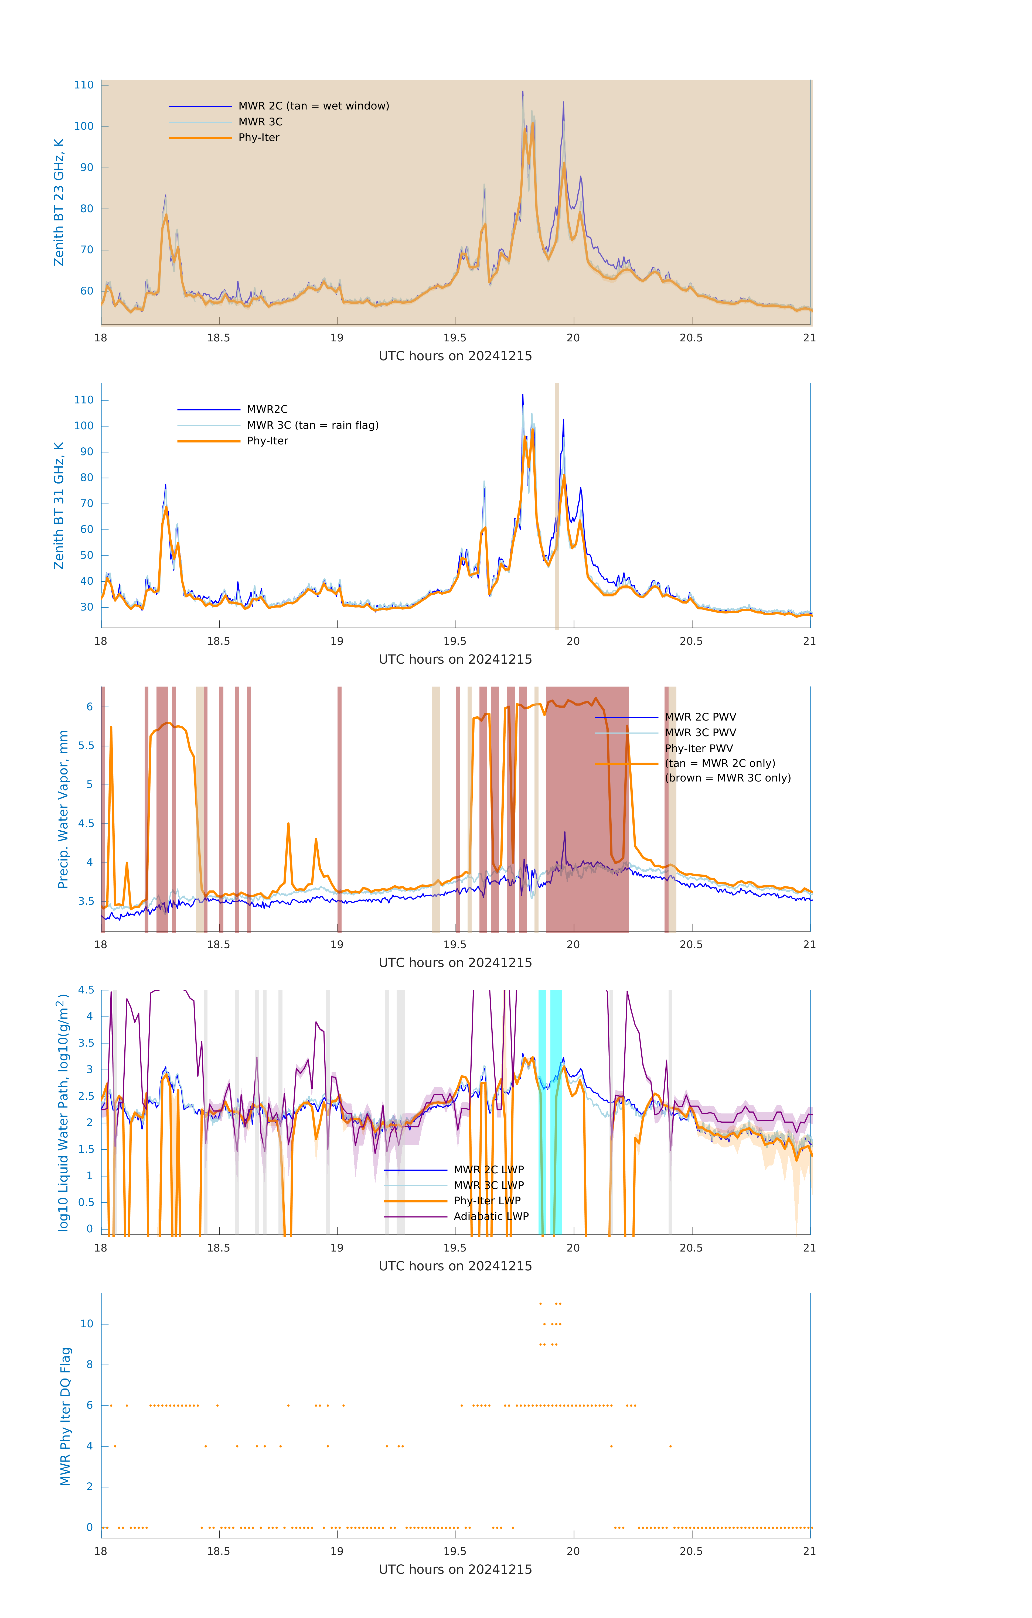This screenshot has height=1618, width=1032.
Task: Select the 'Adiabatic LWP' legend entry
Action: (x=491, y=1216)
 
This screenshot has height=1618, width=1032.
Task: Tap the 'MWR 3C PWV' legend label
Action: (x=700, y=732)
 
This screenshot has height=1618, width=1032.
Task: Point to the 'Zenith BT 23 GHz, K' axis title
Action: (x=59, y=202)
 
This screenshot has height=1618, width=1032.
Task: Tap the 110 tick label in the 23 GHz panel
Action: (x=84, y=85)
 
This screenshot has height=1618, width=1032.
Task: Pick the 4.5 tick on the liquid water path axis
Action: (x=86, y=990)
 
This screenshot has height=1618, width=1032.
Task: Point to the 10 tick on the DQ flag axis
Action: (x=87, y=1324)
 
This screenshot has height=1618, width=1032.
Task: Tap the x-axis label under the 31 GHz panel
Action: (x=455, y=659)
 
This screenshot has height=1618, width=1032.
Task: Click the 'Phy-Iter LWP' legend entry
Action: (x=487, y=1201)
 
